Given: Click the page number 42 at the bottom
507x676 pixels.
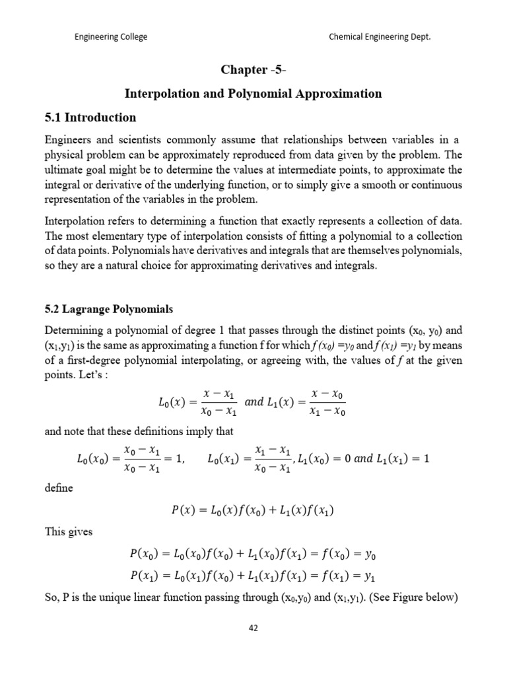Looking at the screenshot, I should click(x=253, y=628).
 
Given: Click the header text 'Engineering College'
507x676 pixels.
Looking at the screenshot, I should click(x=110, y=37).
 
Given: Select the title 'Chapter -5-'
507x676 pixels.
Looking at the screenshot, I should click(x=253, y=69).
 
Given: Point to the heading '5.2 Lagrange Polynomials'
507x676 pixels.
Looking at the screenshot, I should click(x=108, y=309).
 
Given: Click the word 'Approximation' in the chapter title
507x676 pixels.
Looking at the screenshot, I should click(x=343, y=94).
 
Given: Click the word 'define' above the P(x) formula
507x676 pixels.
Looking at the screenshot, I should click(x=57, y=489).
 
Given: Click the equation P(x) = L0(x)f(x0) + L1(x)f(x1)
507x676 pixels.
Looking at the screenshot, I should click(x=253, y=510).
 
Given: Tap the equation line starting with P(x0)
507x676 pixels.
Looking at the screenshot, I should click(x=253, y=553).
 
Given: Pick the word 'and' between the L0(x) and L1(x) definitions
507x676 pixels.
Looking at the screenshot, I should click(x=253, y=401).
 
